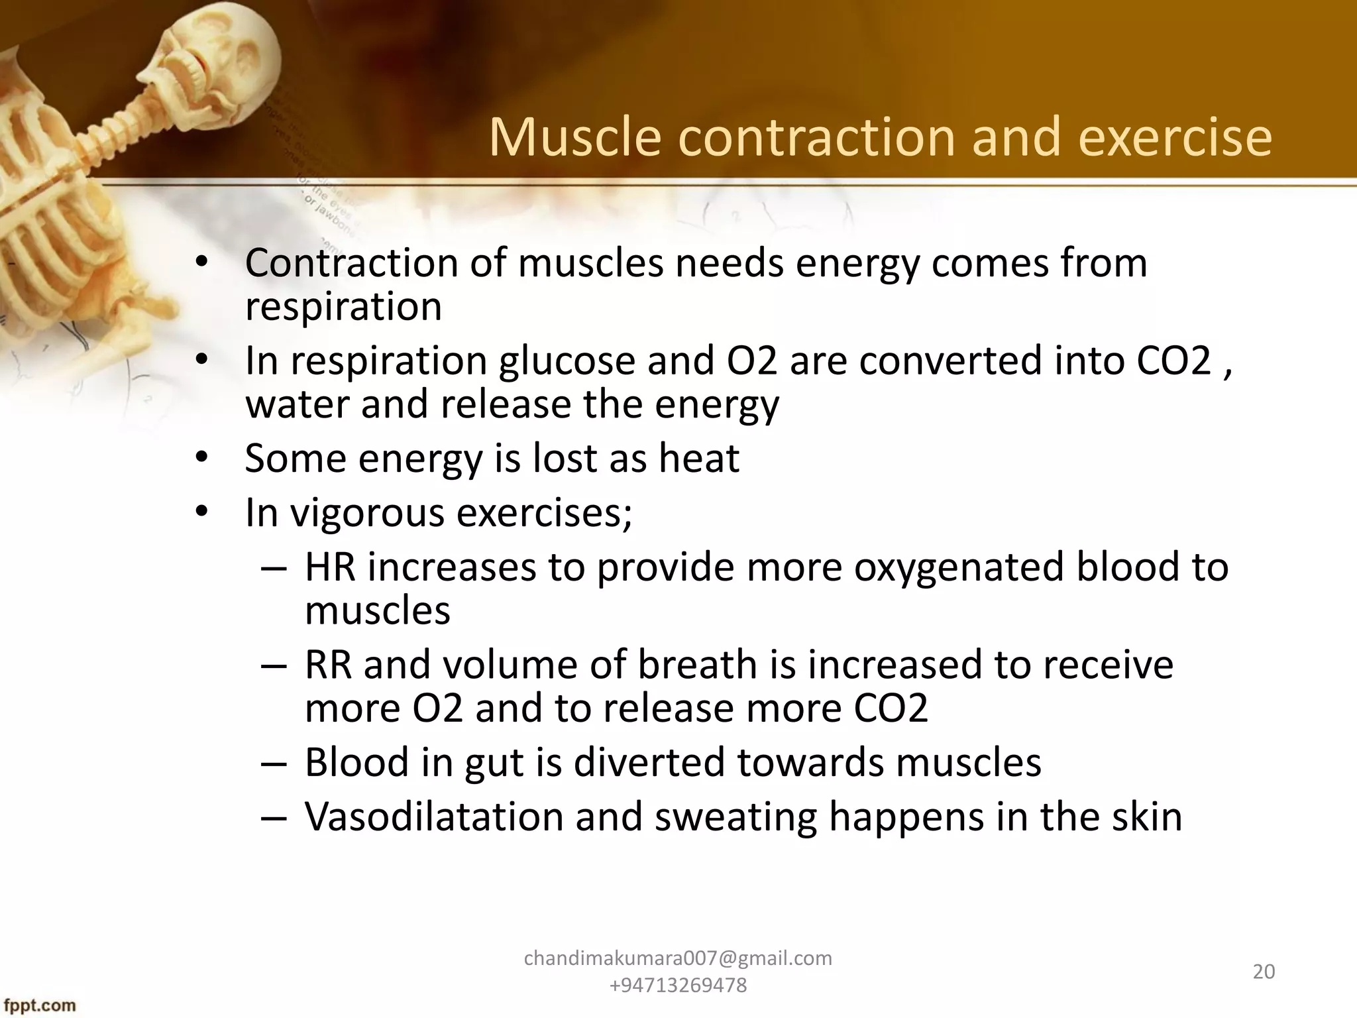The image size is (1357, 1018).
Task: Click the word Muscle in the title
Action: click(x=575, y=137)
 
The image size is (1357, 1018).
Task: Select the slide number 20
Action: click(x=1264, y=972)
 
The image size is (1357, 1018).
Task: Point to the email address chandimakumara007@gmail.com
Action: click(x=678, y=958)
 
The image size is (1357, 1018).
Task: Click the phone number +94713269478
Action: click(x=678, y=986)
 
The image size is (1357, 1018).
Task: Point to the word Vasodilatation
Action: click(x=433, y=817)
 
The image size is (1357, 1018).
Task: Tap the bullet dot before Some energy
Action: click(x=202, y=458)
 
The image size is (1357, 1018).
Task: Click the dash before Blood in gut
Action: click(x=274, y=763)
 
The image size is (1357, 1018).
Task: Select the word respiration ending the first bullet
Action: click(x=343, y=307)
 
